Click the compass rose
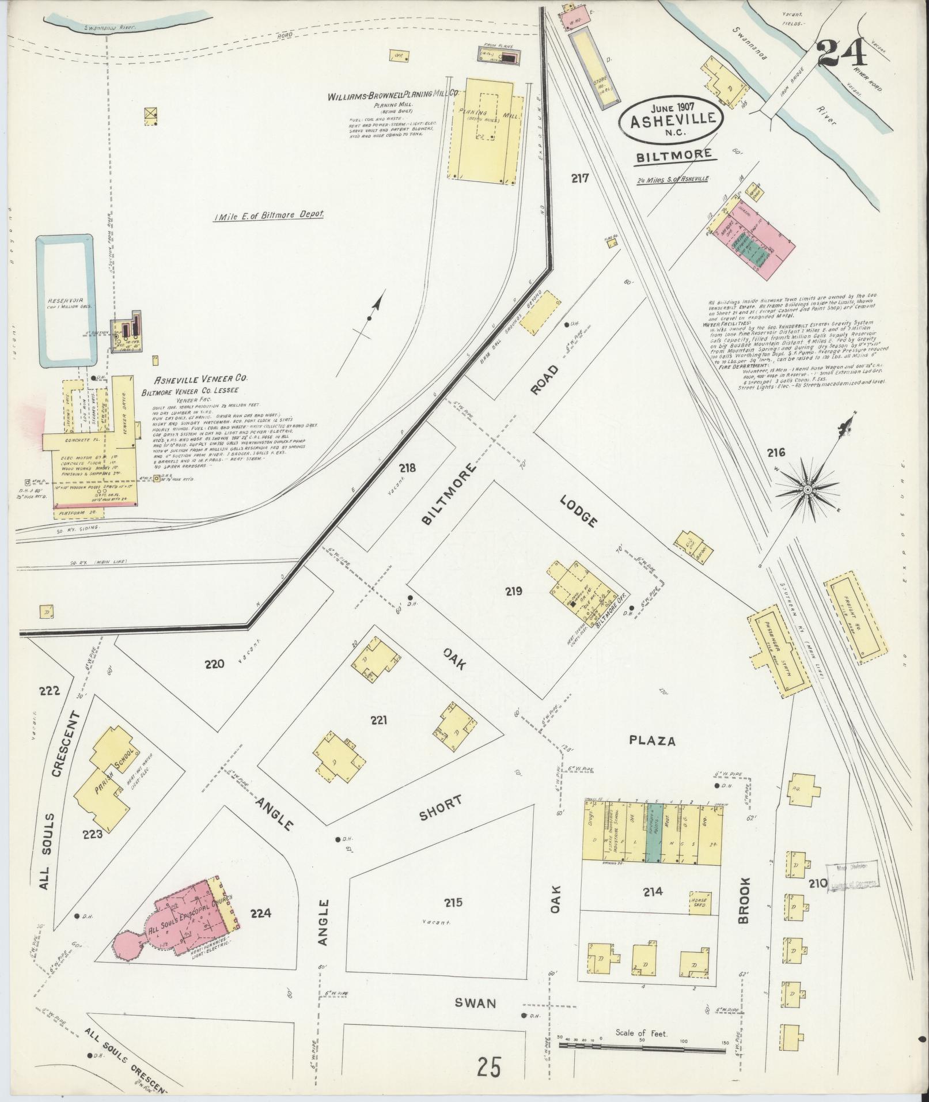point(807,489)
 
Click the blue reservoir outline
point(65,301)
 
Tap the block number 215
point(454,919)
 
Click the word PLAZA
point(652,741)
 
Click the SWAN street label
point(475,1003)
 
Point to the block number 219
point(514,591)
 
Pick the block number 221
point(378,720)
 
